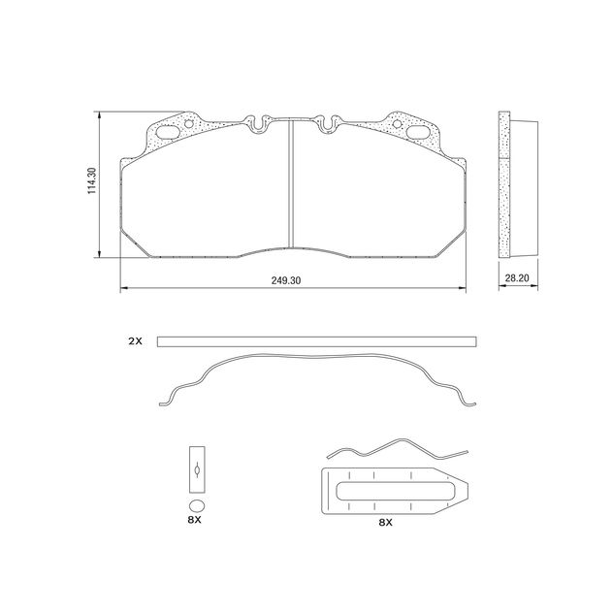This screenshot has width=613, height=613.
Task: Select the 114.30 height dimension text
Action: [91, 181]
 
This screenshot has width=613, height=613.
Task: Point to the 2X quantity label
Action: [135, 341]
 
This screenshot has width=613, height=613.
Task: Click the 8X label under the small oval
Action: [194, 521]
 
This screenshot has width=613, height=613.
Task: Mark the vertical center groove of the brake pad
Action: [292, 184]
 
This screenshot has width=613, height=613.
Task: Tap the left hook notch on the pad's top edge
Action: [258, 123]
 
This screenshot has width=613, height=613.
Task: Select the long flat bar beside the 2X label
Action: [316, 341]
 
